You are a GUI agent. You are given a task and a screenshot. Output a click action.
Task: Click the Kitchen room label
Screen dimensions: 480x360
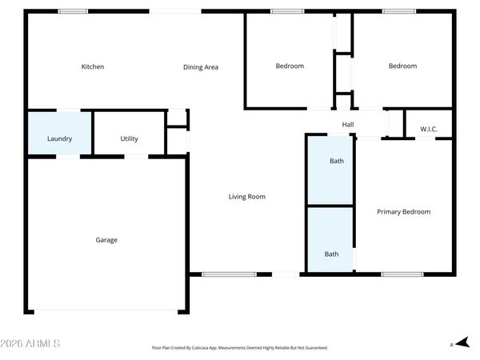(x=93, y=66)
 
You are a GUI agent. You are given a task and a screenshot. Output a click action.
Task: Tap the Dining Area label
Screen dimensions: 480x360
(x=201, y=67)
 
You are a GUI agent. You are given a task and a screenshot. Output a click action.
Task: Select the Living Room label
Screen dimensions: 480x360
(x=247, y=197)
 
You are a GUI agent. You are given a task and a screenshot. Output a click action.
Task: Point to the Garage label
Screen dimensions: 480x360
(x=106, y=240)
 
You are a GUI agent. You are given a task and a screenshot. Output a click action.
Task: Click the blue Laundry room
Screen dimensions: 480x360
(x=60, y=133)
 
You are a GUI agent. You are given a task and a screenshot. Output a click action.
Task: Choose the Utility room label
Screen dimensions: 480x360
(x=129, y=138)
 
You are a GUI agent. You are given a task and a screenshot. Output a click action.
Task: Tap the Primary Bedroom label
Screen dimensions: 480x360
(x=404, y=212)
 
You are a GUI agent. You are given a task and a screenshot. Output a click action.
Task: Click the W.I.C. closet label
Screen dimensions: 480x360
(x=429, y=129)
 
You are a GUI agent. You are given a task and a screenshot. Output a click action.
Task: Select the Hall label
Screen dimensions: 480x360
(x=348, y=125)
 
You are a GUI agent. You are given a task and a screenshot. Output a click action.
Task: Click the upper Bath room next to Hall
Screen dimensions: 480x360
(x=330, y=170)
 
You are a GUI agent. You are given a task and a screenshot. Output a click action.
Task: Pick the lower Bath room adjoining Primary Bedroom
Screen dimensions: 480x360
(x=330, y=240)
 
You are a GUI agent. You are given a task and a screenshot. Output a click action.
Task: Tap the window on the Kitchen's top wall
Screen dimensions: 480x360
(x=73, y=11)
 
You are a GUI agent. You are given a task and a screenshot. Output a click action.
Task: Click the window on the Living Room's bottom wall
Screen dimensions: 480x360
(x=229, y=274)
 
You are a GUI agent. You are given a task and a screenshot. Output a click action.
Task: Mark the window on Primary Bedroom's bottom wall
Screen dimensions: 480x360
(x=402, y=274)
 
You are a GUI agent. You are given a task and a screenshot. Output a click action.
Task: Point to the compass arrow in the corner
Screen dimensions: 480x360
(x=462, y=342)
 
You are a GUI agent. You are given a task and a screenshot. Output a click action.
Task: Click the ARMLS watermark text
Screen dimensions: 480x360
(x=30, y=343)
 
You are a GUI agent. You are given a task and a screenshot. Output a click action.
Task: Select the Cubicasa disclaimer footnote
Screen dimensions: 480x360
(x=240, y=348)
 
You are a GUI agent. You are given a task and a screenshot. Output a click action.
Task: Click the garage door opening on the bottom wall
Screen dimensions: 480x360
(x=106, y=312)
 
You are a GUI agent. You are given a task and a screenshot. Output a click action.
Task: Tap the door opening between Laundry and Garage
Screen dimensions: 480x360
(x=68, y=157)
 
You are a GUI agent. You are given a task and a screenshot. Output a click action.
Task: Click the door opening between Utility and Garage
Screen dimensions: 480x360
(x=136, y=157)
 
